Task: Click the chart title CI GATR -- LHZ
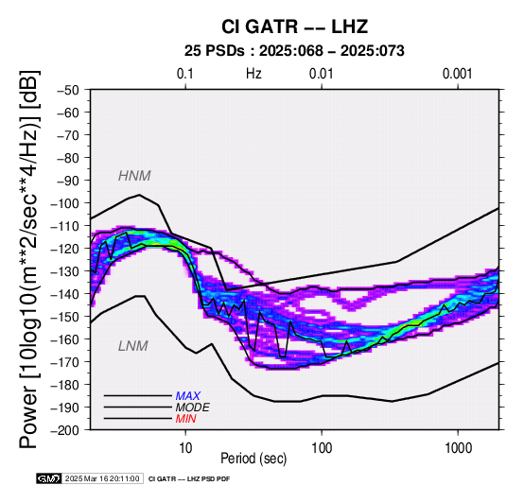tap(294, 26)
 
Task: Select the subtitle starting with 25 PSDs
tap(294, 51)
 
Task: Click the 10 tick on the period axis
tap(185, 448)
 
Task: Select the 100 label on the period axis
tap(322, 448)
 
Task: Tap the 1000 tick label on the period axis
tap(458, 448)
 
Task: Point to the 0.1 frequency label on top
tap(185, 74)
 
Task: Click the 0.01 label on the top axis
tap(322, 74)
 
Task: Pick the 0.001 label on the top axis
tap(457, 74)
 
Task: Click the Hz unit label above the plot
tap(253, 74)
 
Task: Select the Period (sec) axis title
tap(253, 459)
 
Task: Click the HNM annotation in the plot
tap(134, 176)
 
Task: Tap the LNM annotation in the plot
tap(133, 346)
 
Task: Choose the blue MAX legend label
tap(188, 396)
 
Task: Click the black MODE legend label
tap(193, 408)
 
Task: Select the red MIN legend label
tap(185, 419)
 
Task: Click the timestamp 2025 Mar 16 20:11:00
tap(102, 478)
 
